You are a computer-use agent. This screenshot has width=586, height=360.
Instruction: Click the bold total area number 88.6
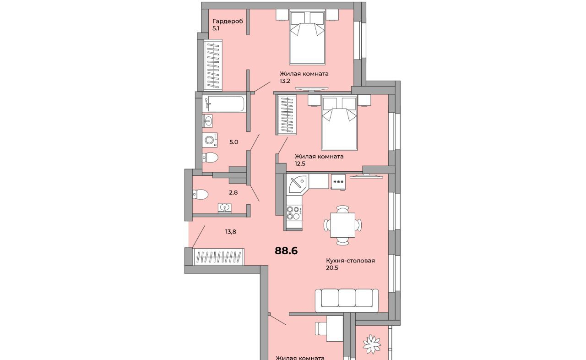286,251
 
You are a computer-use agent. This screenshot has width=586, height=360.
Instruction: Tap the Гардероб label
228,21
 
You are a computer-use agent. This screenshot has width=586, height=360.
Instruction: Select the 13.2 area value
285,81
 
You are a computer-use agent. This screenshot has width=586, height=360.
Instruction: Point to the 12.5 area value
300,164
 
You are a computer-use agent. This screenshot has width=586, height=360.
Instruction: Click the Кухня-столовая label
350,261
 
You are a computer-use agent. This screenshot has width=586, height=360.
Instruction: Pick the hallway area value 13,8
231,232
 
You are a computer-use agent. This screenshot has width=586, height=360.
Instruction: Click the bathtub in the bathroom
224,104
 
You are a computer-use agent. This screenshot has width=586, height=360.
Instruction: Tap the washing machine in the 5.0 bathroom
210,140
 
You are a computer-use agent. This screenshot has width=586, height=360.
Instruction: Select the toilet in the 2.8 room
201,194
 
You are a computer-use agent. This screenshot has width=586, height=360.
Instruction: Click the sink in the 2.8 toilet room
224,208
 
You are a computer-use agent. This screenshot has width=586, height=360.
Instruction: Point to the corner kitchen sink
297,184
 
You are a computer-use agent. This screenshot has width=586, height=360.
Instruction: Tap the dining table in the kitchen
343,225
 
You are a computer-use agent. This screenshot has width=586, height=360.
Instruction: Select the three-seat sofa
347,300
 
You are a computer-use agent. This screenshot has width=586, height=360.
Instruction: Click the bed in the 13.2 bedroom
307,37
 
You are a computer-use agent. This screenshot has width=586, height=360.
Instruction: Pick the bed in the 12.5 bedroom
340,123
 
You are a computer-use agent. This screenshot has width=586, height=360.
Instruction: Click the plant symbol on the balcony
372,344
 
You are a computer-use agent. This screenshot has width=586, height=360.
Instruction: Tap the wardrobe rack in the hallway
218,256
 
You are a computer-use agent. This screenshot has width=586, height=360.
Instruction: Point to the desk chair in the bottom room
321,328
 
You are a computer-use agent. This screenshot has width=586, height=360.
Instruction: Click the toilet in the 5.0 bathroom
210,158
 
